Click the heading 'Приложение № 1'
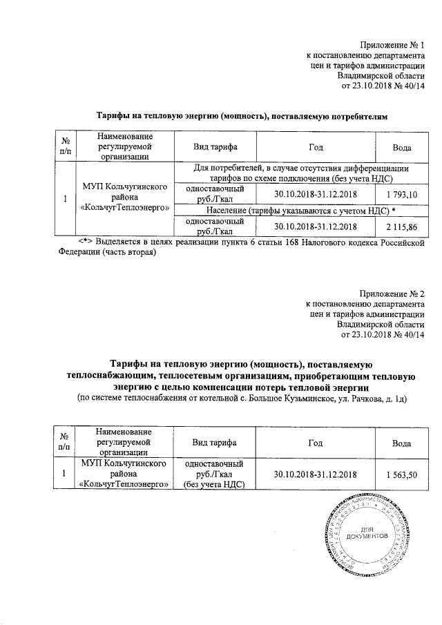coord(391,44)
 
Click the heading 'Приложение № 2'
coord(391,294)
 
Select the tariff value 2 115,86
coord(402,226)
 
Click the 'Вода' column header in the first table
coord(402,148)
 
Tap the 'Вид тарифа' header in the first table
coord(215,148)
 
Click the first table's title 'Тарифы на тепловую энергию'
coord(242,116)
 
